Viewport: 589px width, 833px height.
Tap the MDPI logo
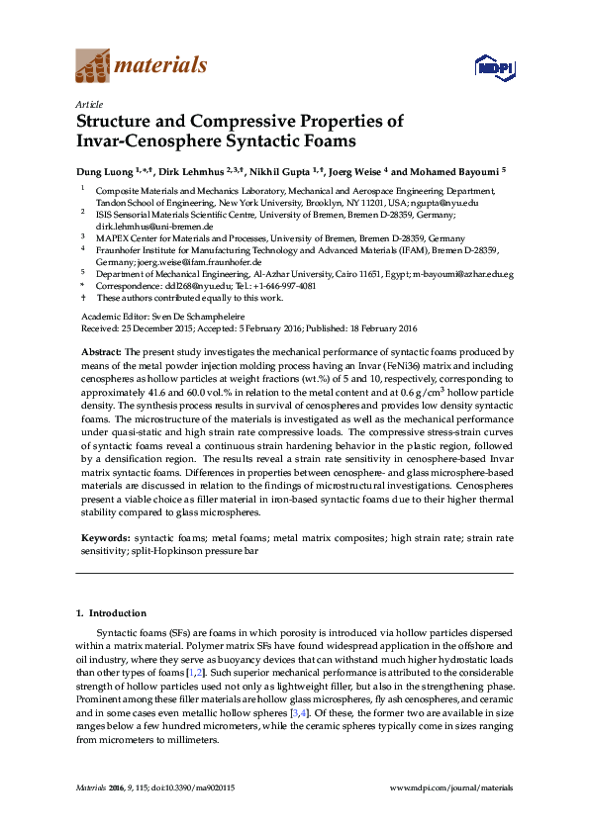[491, 67]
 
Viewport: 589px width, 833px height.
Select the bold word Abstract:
[101, 351]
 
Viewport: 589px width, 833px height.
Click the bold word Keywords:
[103, 537]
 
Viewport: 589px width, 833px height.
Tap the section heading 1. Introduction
[110, 614]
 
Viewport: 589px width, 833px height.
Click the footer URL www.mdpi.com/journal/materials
[451, 787]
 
